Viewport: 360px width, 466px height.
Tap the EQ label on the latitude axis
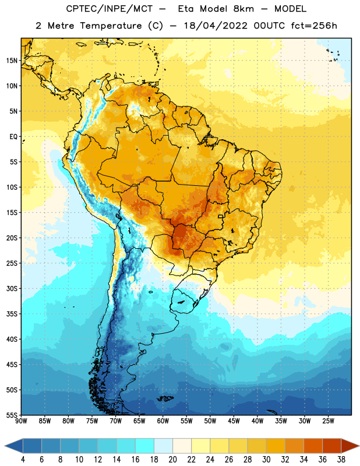(x=13, y=137)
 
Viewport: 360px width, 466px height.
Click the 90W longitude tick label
(x=22, y=421)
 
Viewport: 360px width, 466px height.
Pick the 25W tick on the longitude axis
(x=328, y=421)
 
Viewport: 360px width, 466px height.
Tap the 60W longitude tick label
(x=163, y=421)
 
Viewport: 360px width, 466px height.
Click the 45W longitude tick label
(x=234, y=421)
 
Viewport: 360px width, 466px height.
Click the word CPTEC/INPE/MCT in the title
(x=110, y=9)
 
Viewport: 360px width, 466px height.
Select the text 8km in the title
(x=243, y=9)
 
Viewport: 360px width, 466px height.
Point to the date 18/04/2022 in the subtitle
(x=216, y=26)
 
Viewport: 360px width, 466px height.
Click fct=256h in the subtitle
(x=314, y=26)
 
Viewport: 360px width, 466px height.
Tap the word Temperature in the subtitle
(x=111, y=26)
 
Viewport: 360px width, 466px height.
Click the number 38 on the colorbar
(x=341, y=460)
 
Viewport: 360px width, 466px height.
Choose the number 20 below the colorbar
(x=172, y=460)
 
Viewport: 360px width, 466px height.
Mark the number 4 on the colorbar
(x=23, y=460)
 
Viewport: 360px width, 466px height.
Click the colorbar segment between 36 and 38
(x=332, y=446)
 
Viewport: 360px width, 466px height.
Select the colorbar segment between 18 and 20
(x=163, y=446)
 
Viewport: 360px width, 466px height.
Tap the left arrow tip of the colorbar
(x=5, y=446)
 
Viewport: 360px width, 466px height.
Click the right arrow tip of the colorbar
(x=359, y=446)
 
